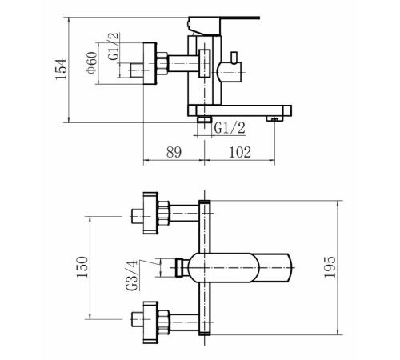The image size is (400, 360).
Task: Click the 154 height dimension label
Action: tap(61, 69)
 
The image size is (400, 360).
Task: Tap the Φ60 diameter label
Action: tap(91, 62)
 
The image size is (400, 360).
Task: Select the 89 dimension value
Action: tap(174, 152)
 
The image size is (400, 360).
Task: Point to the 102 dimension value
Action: tap(240, 152)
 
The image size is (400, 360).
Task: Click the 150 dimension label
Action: tap(82, 267)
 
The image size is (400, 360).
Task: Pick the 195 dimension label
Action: tap(330, 267)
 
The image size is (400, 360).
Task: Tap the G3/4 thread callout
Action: tap(132, 275)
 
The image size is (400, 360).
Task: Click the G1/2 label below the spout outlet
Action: tap(230, 128)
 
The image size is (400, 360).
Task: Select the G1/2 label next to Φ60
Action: tap(113, 46)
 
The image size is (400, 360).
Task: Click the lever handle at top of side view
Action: tap(224, 26)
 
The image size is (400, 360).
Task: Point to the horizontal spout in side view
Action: tap(239, 110)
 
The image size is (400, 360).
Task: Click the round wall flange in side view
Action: tap(150, 63)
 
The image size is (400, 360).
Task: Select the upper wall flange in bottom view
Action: tap(150, 213)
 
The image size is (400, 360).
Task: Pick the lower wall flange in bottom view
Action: tap(150, 322)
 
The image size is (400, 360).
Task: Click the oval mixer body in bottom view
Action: tap(223, 268)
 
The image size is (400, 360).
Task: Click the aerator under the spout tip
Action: tap(274, 119)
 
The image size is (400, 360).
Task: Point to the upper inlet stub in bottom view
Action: tap(138, 216)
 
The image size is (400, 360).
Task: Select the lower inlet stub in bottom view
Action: tap(138, 319)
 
